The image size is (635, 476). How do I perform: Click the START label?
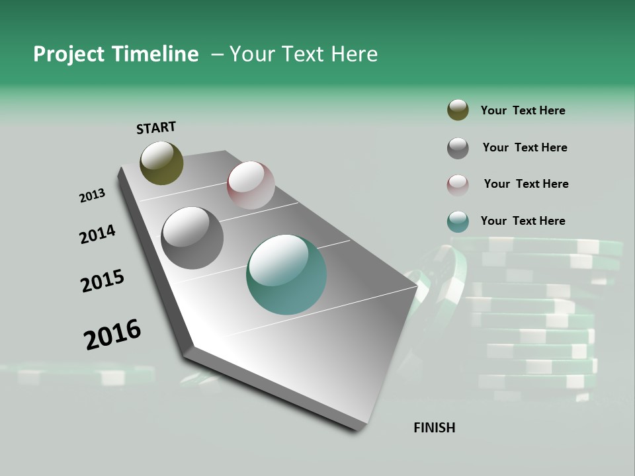pyautogui.click(x=156, y=128)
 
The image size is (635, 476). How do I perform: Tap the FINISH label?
pyautogui.click(x=435, y=428)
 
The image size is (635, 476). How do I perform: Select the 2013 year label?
pyautogui.click(x=93, y=196)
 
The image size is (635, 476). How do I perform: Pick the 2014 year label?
pyautogui.click(x=97, y=234)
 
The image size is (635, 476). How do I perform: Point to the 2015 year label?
pyautogui.click(x=103, y=281)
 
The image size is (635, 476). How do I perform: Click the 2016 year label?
pyautogui.click(x=112, y=334)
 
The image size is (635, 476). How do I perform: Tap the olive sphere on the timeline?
pyautogui.click(x=161, y=163)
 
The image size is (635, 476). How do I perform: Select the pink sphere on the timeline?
pyautogui.click(x=251, y=185)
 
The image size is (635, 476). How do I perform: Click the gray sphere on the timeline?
pyautogui.click(x=192, y=238)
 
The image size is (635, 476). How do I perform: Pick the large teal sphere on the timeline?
pyautogui.click(x=286, y=275)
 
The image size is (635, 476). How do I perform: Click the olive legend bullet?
pyautogui.click(x=458, y=110)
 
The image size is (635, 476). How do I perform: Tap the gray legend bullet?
pyautogui.click(x=458, y=148)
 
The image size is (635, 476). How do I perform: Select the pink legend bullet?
pyautogui.click(x=458, y=185)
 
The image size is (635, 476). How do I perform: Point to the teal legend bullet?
pyautogui.click(x=458, y=222)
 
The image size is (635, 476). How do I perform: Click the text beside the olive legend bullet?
pyautogui.click(x=523, y=110)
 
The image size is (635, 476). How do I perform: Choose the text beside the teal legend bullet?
pyautogui.click(x=523, y=221)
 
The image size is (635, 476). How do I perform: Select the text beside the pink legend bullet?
pyautogui.click(x=526, y=184)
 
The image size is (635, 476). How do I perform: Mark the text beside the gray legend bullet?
pyautogui.click(x=525, y=147)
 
